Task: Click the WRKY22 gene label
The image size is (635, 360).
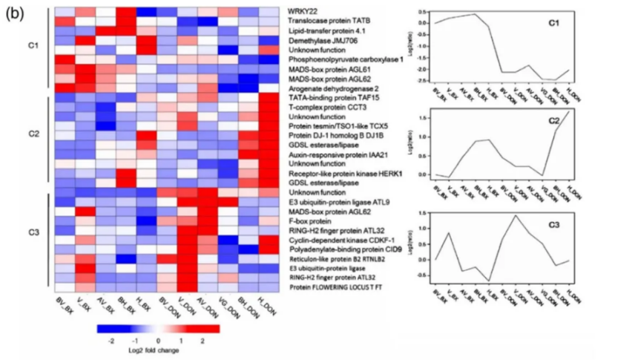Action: [300, 12]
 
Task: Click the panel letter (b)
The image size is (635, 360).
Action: [15, 13]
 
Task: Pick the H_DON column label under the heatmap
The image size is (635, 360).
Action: [265, 307]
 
